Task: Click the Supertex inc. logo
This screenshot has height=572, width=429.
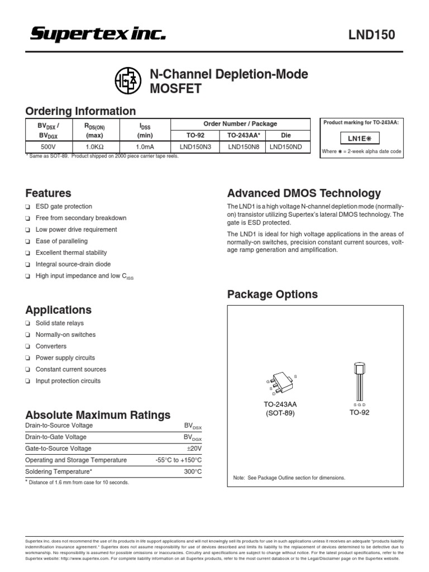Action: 98,35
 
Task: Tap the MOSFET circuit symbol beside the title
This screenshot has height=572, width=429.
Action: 128,82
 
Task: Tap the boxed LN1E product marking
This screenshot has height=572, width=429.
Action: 361,139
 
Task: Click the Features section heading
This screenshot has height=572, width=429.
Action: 49,193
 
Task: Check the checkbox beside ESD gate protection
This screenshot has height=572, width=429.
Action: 28,207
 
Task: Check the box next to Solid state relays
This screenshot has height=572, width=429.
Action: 28,323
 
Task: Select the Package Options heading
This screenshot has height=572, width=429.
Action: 272,294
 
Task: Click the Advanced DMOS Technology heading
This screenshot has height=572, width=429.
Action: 304,193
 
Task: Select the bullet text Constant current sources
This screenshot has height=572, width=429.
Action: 70,369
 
